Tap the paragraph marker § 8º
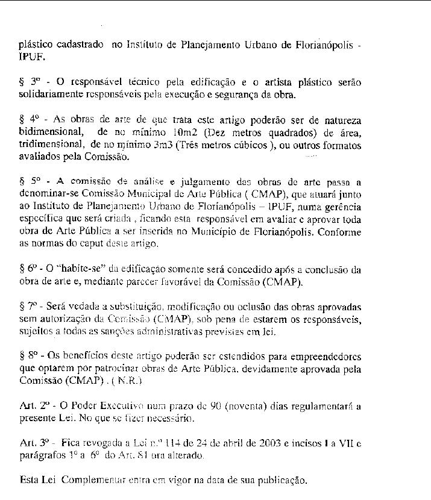[28, 352]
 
